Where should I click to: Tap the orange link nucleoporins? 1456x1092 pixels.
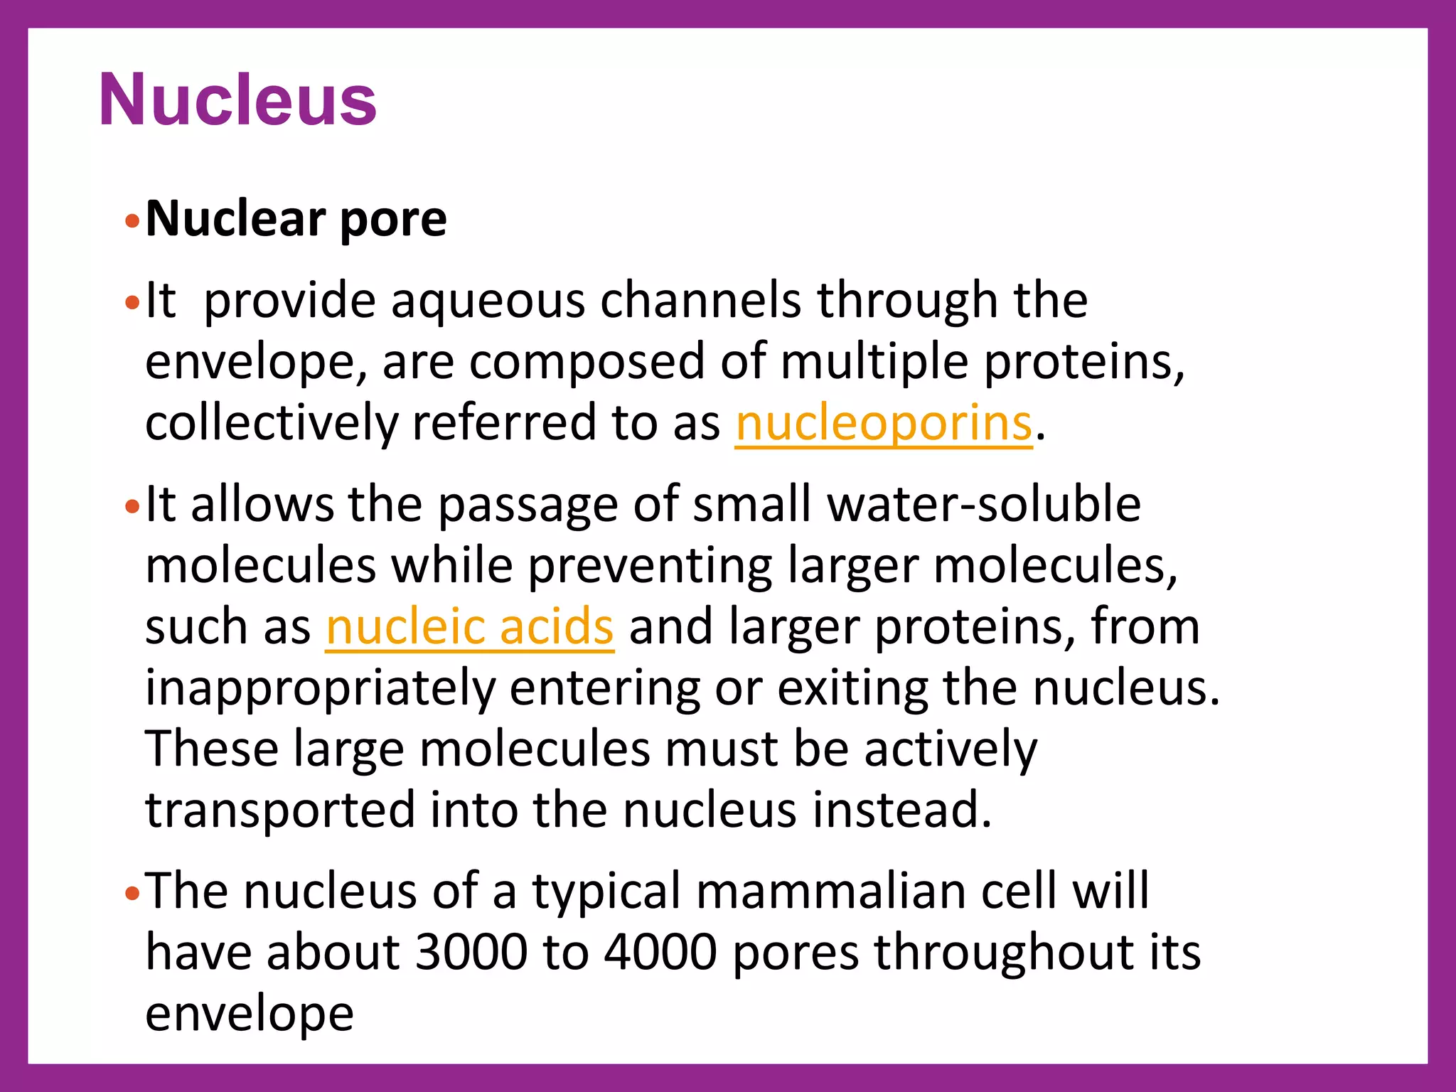[884, 424]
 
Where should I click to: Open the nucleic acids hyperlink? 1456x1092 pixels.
[469, 627]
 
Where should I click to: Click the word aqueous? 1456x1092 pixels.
[488, 301]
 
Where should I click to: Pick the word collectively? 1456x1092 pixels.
[271, 424]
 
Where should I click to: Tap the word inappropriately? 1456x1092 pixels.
[320, 689]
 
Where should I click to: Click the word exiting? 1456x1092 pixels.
[852, 689]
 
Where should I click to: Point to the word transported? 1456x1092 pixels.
[280, 810]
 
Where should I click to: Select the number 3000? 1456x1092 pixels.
[471, 953]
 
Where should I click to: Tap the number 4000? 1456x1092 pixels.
[660, 953]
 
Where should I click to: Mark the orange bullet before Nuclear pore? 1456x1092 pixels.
[132, 221]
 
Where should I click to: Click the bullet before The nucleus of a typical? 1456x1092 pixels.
[132, 893]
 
